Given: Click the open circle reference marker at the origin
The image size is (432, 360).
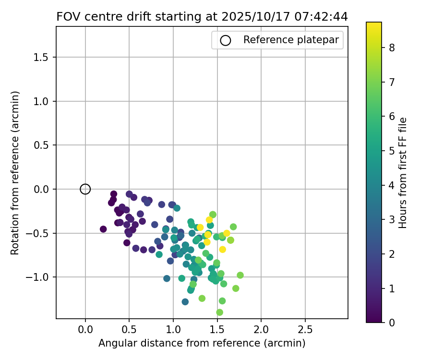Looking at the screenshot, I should [85, 189].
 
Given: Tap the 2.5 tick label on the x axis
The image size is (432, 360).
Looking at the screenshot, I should [305, 330].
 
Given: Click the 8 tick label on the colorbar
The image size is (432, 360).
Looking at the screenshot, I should [392, 48].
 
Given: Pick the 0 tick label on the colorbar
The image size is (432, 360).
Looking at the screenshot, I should [392, 322].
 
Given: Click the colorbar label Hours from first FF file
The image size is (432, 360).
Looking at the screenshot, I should [403, 172].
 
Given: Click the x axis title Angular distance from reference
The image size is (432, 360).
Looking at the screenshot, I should [202, 343].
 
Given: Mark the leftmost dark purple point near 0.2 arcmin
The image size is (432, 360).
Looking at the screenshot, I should [103, 229].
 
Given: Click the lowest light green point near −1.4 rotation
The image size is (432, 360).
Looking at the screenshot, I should [219, 312].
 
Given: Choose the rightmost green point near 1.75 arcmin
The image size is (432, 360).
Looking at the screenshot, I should [240, 275].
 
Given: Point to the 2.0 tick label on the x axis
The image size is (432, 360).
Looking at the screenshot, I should [261, 330].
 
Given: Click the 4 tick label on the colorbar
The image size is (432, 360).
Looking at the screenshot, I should [392, 185].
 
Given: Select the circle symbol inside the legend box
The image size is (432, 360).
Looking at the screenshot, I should [226, 40].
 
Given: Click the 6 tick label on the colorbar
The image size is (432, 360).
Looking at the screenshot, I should [392, 116].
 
